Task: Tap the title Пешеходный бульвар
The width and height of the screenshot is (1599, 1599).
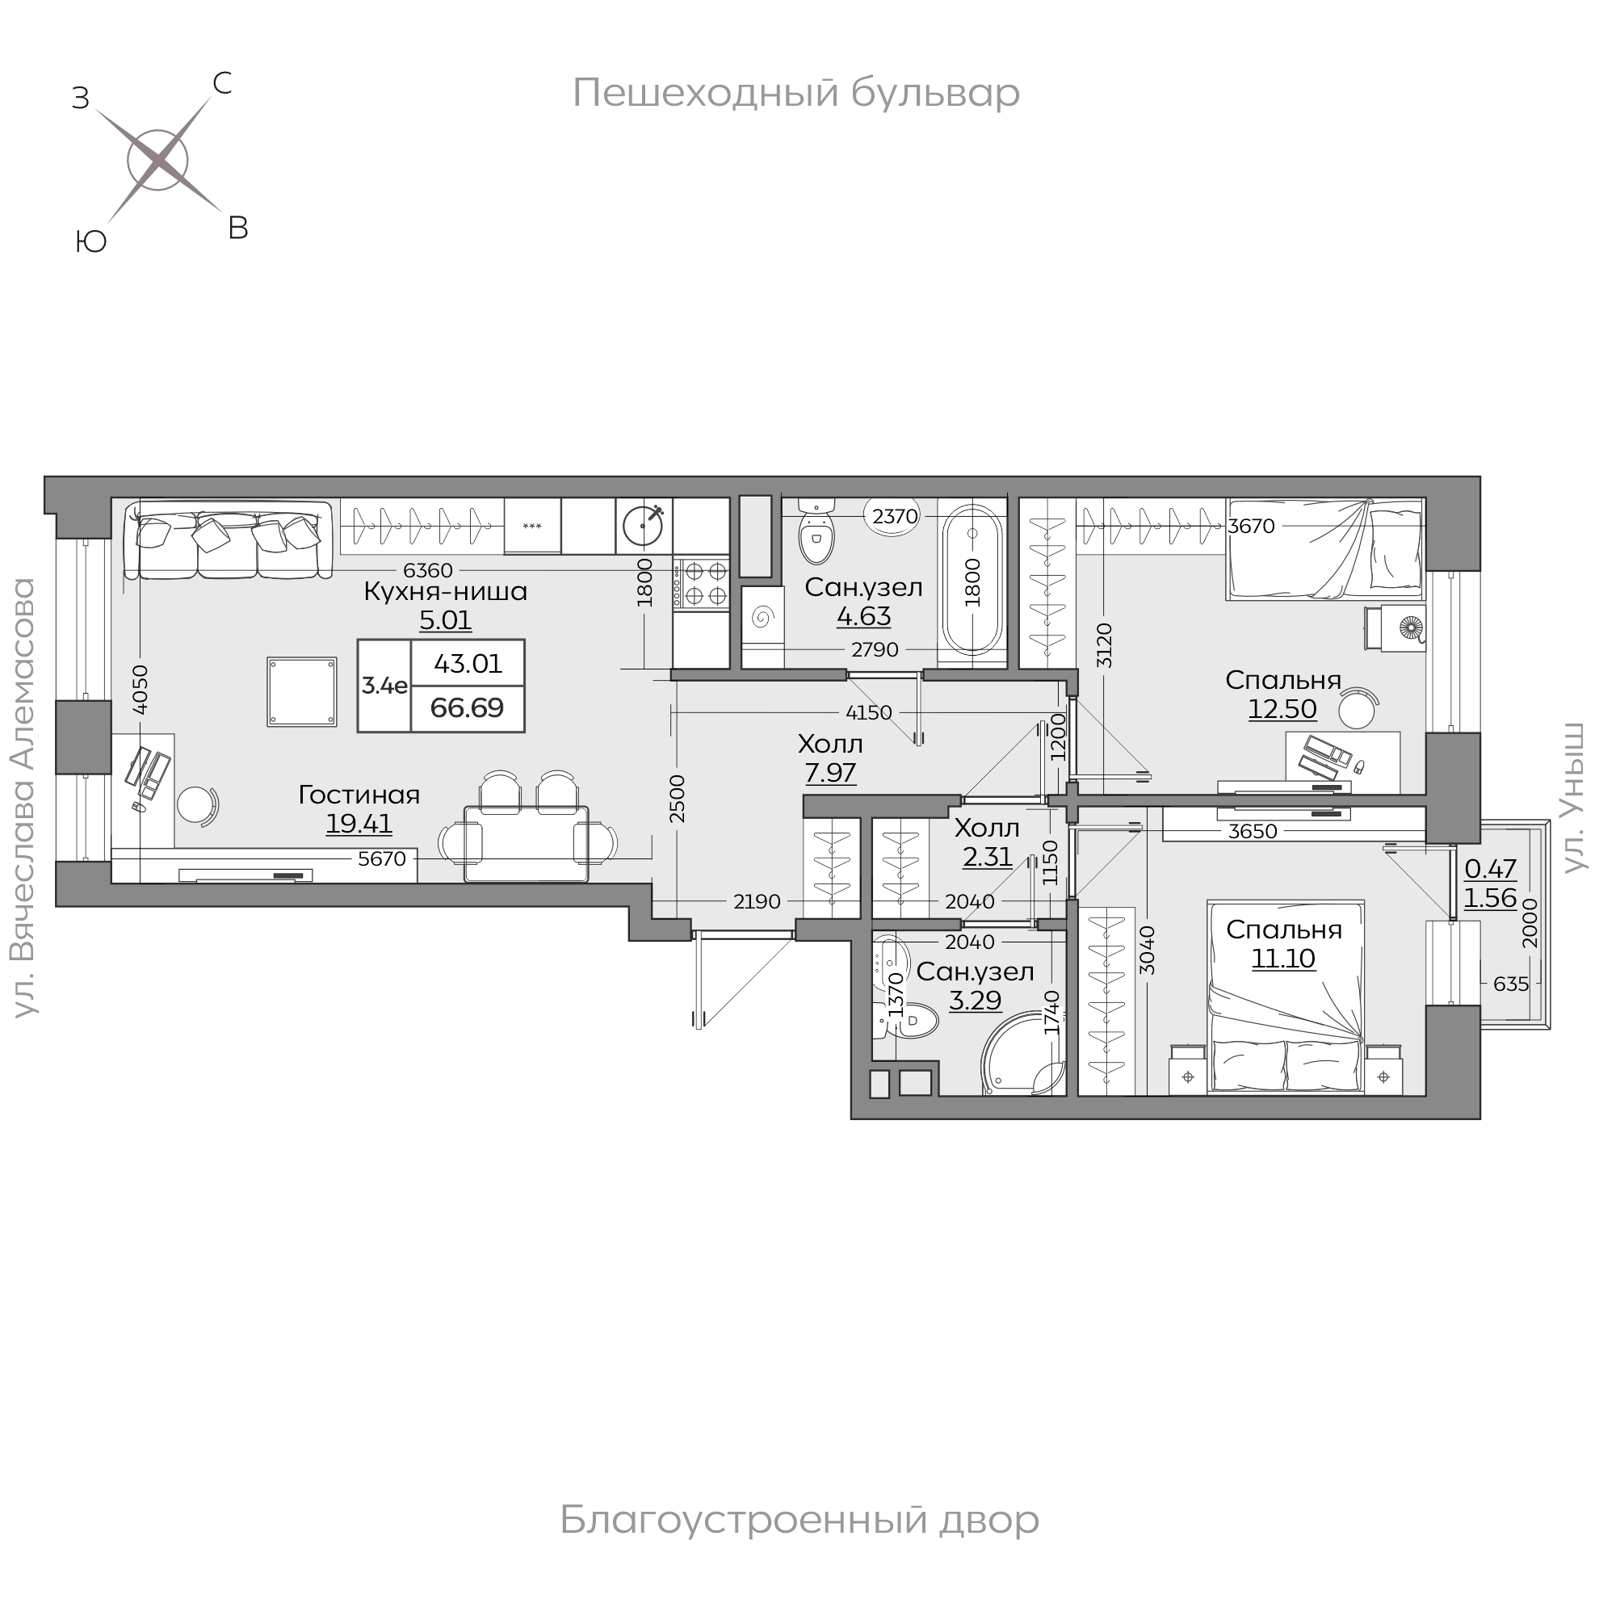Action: [795, 93]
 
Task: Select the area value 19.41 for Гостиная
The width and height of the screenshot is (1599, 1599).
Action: [359, 824]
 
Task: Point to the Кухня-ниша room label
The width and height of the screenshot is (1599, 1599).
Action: [445, 592]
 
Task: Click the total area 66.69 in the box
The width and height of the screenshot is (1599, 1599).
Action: [468, 707]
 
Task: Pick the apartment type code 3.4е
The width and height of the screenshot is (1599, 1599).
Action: [384, 686]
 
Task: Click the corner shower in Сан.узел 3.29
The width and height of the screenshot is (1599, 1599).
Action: [1023, 1059]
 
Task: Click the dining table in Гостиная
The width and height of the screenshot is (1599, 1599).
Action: [527, 844]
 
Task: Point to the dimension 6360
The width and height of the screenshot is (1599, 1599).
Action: [428, 570]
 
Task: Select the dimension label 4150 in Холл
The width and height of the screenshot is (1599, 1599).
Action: [869, 712]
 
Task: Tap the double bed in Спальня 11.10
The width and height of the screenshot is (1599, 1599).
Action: [1286, 998]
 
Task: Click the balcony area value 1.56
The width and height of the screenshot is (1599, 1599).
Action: [1491, 898]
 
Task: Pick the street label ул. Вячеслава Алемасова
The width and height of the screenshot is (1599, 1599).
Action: [26, 797]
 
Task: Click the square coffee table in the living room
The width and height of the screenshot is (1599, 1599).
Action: [302, 692]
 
